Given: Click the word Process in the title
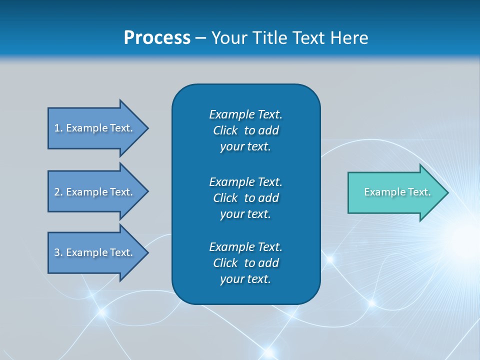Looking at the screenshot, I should (x=157, y=38).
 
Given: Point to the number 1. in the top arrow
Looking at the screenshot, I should (x=58, y=128).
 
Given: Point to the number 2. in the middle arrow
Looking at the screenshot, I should (x=58, y=192).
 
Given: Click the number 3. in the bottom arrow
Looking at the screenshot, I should (x=58, y=252).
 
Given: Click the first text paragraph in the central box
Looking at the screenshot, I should (x=245, y=130).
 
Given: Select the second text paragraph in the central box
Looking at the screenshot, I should (x=245, y=198).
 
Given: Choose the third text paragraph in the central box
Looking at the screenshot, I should (x=245, y=263).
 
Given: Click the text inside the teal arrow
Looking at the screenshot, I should (x=397, y=192).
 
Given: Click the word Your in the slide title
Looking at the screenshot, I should (x=228, y=38).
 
